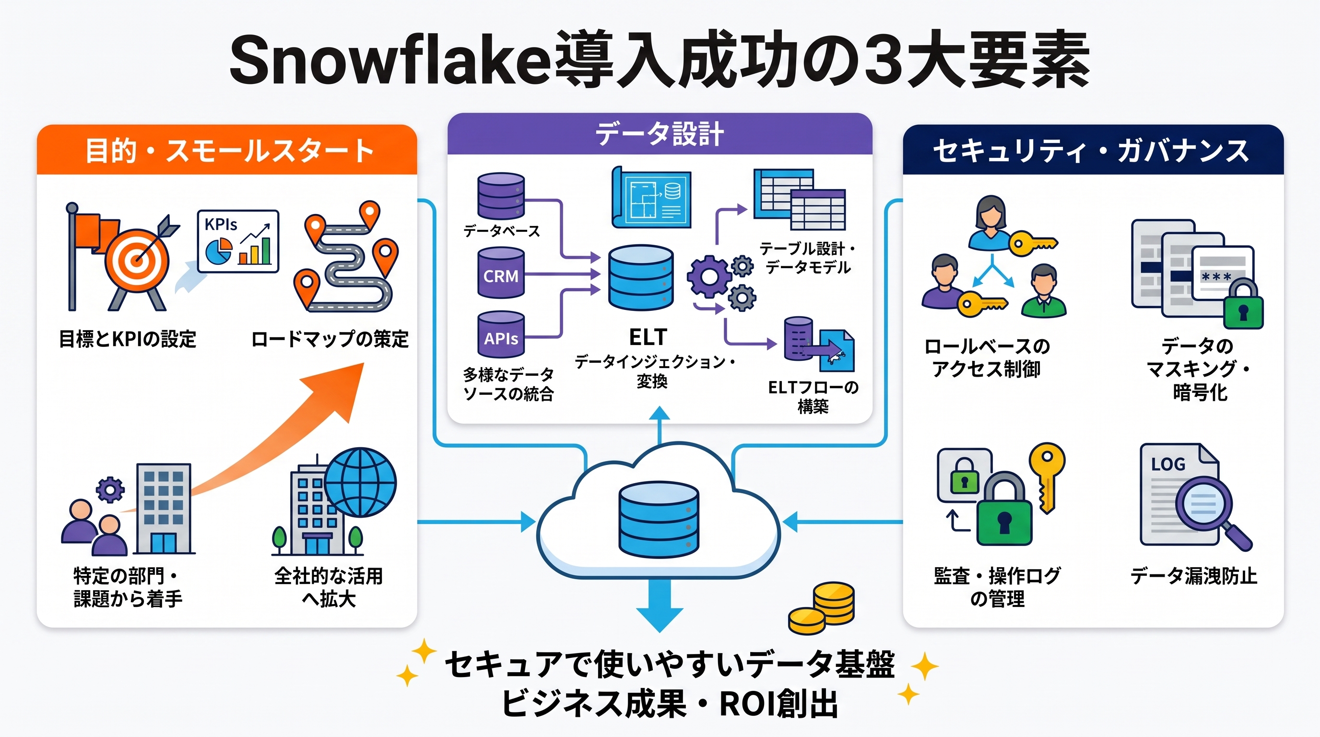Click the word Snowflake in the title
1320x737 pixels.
point(389,60)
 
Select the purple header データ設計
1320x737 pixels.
point(660,134)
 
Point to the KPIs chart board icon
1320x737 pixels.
point(238,241)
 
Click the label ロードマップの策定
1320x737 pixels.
point(330,339)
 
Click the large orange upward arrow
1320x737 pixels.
point(277,446)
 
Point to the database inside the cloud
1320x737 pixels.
point(659,519)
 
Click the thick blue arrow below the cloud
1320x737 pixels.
point(660,606)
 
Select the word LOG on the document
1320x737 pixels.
point(1168,464)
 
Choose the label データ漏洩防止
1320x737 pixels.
point(1194,576)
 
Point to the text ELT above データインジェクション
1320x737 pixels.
point(648,337)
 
